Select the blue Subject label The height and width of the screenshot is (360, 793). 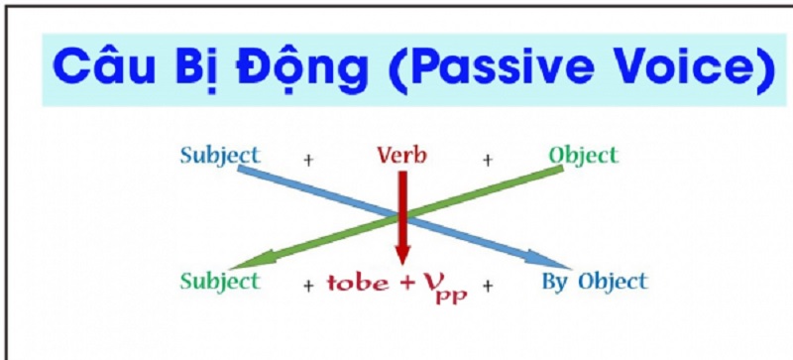[219, 156]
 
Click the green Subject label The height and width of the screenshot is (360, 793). [219, 281]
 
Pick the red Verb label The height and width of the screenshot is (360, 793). [401, 156]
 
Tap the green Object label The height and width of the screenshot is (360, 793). [583, 156]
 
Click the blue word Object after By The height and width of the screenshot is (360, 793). [612, 281]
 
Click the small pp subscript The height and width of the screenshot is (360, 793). [456, 295]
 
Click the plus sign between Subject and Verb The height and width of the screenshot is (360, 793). [307, 159]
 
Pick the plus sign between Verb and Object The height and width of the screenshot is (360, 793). [487, 159]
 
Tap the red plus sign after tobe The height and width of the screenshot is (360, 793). [405, 284]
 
